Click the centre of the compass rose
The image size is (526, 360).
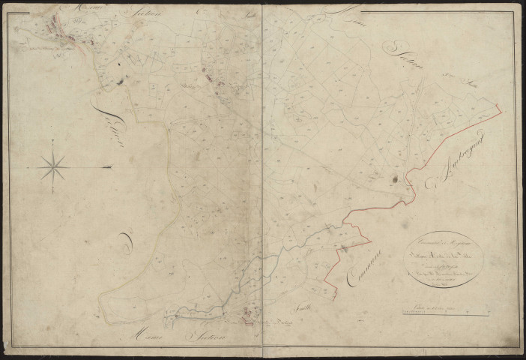point(55,166)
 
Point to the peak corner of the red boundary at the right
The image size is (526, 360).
point(499,109)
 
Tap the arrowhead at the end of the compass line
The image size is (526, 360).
point(109,166)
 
